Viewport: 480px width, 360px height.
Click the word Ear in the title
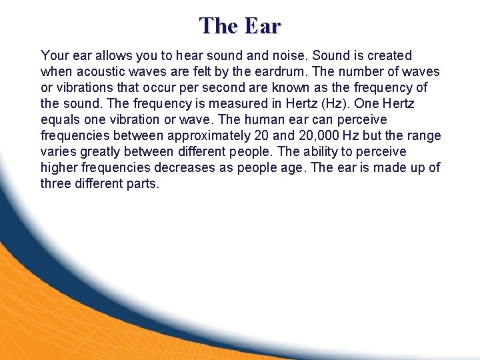coord(263,25)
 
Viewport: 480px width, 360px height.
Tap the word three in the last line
coord(55,183)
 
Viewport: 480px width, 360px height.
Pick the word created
coord(389,55)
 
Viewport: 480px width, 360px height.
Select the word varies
coord(58,151)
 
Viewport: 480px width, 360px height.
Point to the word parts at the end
coord(143,183)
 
